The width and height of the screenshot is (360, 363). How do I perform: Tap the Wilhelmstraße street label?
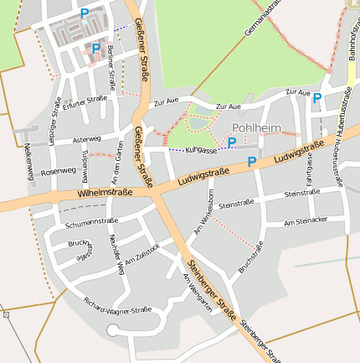click(105, 193)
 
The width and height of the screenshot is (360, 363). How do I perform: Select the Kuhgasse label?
click(201, 149)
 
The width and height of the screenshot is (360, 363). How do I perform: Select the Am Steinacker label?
click(306, 222)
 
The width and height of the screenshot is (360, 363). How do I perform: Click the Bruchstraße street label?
click(250, 257)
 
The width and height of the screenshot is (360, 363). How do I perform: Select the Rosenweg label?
click(58, 170)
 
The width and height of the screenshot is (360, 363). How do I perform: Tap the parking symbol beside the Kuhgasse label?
click(232, 143)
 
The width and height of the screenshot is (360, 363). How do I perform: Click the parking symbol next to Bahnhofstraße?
click(317, 98)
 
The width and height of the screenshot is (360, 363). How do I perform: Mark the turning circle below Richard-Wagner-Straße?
click(113, 330)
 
